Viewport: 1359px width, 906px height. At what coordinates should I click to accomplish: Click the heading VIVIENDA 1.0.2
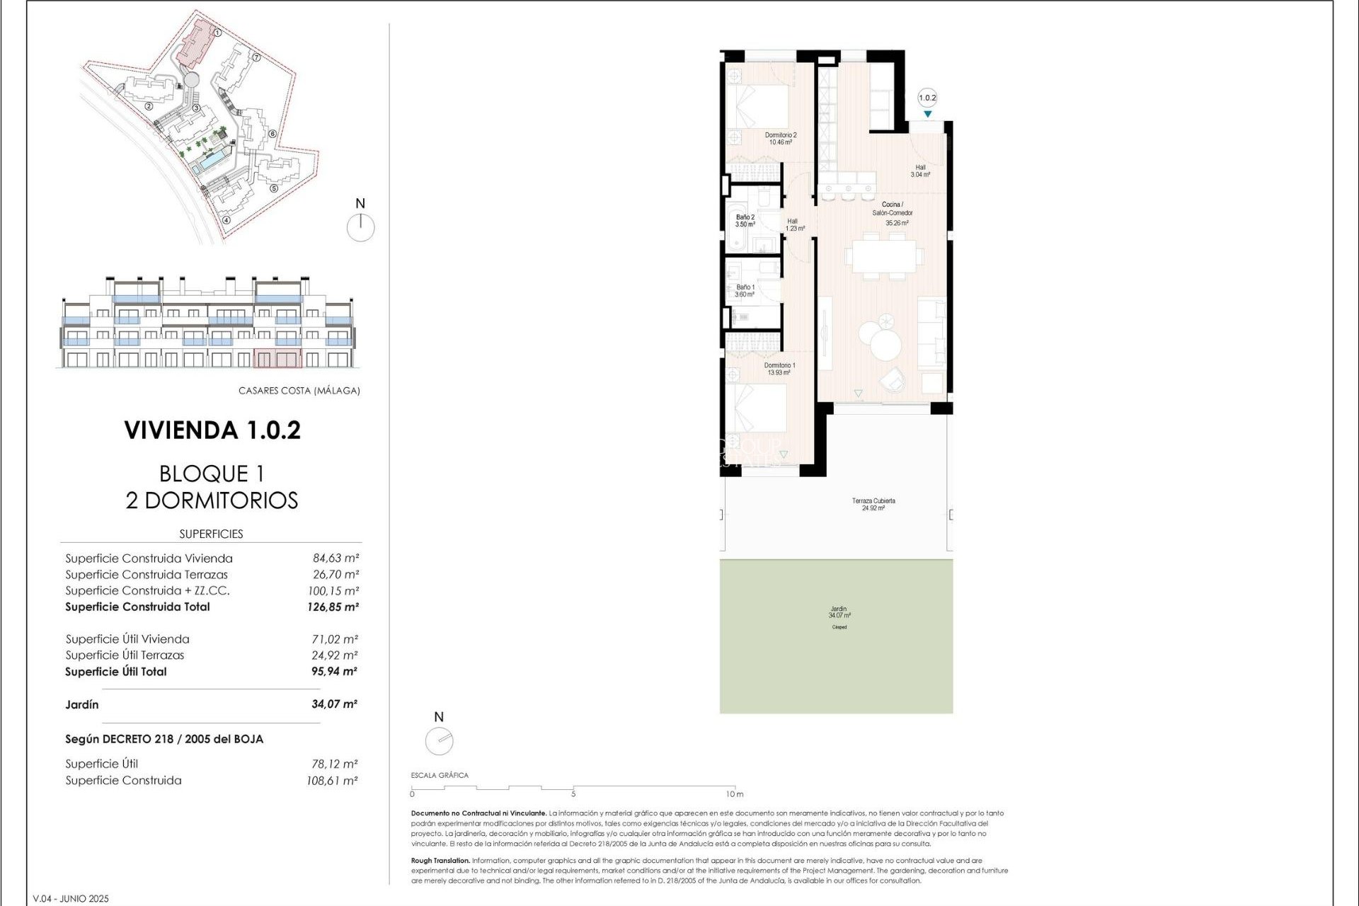click(x=212, y=430)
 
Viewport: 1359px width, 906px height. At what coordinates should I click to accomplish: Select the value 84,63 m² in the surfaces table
click(x=336, y=558)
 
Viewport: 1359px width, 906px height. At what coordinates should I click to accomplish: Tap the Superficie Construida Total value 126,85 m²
click(x=333, y=607)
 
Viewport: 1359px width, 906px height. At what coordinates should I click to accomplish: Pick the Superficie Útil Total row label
click(x=116, y=672)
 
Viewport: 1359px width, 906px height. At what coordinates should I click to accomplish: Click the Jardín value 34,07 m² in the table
click(x=334, y=704)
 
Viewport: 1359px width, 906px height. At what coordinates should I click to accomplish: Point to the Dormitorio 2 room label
click(x=780, y=138)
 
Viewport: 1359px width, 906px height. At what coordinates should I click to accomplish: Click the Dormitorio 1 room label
click(x=779, y=369)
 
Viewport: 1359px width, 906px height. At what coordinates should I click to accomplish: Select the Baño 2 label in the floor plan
click(x=745, y=221)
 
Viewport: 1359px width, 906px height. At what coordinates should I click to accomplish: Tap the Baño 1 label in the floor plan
click(x=745, y=291)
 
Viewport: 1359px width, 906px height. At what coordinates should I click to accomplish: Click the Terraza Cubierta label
click(x=873, y=504)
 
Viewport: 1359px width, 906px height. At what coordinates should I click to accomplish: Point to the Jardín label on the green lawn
click(x=839, y=612)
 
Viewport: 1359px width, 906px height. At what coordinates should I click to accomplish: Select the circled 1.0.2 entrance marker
click(x=927, y=98)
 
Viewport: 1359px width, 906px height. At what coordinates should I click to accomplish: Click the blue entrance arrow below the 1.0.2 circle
click(x=927, y=115)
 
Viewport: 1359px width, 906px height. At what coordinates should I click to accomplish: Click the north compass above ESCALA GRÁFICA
click(x=439, y=741)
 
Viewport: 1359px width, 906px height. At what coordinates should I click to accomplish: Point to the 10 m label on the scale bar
click(x=735, y=794)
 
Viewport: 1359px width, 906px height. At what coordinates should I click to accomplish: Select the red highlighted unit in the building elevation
click(x=277, y=358)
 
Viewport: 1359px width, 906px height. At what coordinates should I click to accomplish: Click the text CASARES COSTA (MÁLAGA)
click(x=299, y=391)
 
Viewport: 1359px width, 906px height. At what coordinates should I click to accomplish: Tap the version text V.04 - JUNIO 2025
click(x=71, y=898)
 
